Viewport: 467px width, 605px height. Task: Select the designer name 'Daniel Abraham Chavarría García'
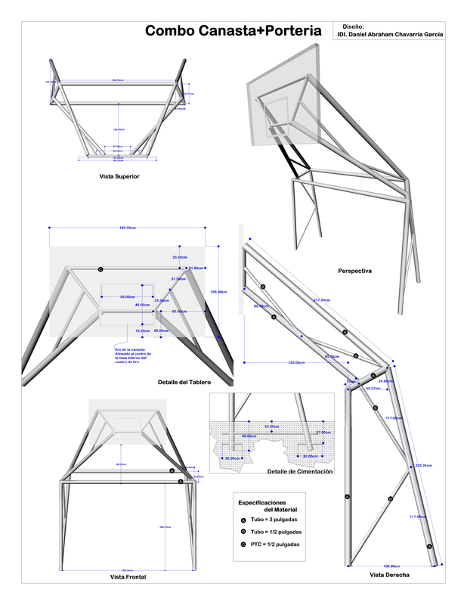(x=390, y=34)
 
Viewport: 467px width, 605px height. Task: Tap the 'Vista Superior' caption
(x=119, y=176)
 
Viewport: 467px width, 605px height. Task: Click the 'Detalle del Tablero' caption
(x=184, y=382)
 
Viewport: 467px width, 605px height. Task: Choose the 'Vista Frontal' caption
(x=128, y=577)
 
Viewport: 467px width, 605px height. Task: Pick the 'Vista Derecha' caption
(x=389, y=576)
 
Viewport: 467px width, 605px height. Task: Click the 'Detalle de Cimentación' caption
(x=299, y=472)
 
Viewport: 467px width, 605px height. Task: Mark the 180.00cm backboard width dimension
(x=127, y=228)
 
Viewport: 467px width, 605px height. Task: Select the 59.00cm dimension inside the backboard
(x=128, y=296)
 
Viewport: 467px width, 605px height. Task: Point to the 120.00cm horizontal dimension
(x=295, y=362)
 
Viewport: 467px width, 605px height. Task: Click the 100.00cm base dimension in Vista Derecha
(x=390, y=565)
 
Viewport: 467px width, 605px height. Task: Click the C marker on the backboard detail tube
(x=101, y=269)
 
